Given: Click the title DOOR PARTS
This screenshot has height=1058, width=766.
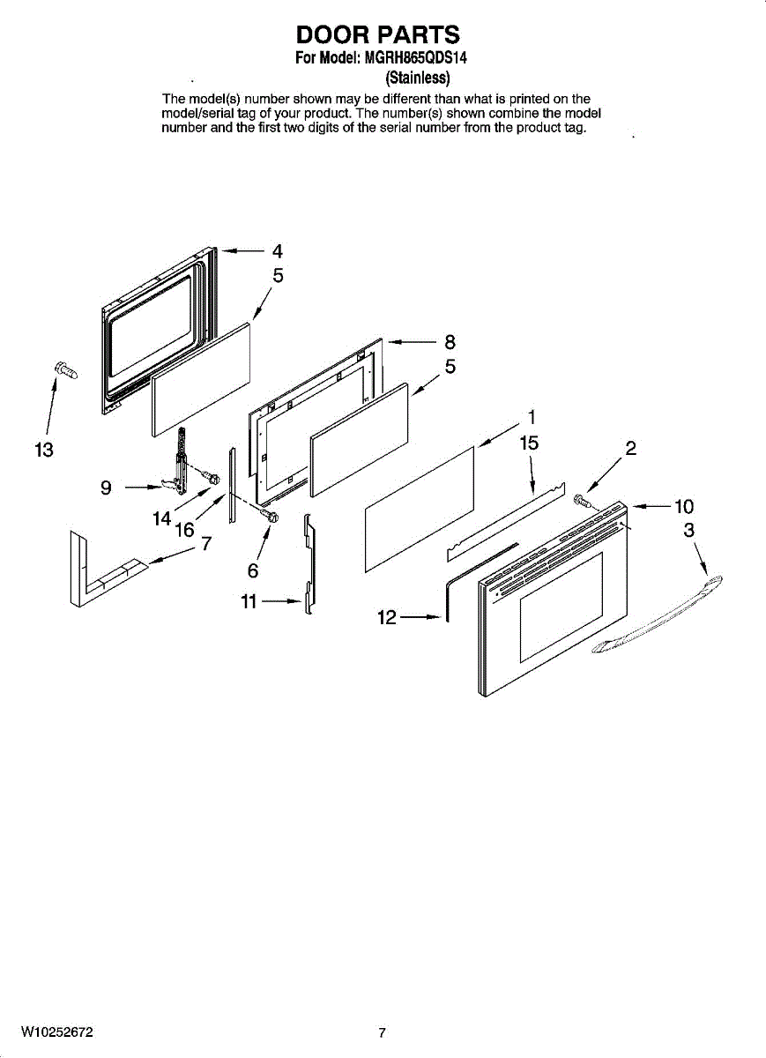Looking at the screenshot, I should coord(378,34).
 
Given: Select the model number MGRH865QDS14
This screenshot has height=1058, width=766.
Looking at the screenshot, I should coord(416,60).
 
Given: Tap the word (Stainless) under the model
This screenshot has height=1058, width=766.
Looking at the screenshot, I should coord(419,78).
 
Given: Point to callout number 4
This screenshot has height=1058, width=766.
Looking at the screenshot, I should coord(277,250).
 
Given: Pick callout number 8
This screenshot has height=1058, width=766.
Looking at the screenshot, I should coord(450,342).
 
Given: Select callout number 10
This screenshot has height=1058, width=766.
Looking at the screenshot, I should coord(684,507).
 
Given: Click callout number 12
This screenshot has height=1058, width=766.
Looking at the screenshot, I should coord(387,619).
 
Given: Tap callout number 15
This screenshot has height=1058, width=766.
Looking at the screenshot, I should coord(529,443).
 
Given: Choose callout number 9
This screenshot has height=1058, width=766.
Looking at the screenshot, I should coord(106,488).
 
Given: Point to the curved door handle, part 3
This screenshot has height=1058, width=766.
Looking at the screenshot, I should coord(657,616).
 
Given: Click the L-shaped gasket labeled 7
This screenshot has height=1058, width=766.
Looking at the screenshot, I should coord(97,573).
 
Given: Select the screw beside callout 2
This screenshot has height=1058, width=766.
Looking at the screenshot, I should coord(582,503).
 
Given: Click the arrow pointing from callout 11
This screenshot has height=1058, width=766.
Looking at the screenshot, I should coord(282,602).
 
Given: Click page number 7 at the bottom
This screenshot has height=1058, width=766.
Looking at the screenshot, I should coord(382,1033).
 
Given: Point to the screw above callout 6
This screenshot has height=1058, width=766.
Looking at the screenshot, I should coord(270,514).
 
